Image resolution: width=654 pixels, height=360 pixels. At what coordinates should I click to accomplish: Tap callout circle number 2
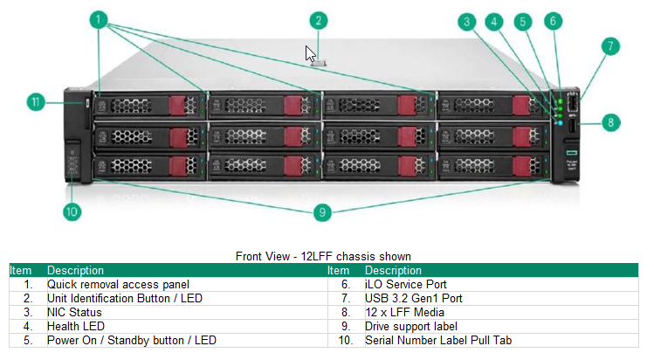coord(319,20)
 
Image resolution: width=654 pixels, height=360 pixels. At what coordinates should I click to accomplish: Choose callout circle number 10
coord(72,211)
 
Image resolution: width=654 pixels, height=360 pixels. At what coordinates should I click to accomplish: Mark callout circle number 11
coord(35,102)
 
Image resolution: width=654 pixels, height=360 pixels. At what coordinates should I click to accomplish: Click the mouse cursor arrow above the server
coord(310,53)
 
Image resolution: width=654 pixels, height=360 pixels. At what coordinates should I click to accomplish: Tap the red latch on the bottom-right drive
coord(522,166)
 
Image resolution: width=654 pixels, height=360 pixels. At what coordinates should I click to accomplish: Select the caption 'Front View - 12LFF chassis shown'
coord(323,256)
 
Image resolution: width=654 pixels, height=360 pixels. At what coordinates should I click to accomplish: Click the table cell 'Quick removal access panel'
coord(118,284)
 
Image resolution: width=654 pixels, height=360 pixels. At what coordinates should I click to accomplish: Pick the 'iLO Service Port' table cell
coord(406,284)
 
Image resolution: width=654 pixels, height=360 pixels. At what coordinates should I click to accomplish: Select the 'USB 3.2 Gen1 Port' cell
coord(414,298)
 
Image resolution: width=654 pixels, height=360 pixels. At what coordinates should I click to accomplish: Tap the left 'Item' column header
coord(21,271)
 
